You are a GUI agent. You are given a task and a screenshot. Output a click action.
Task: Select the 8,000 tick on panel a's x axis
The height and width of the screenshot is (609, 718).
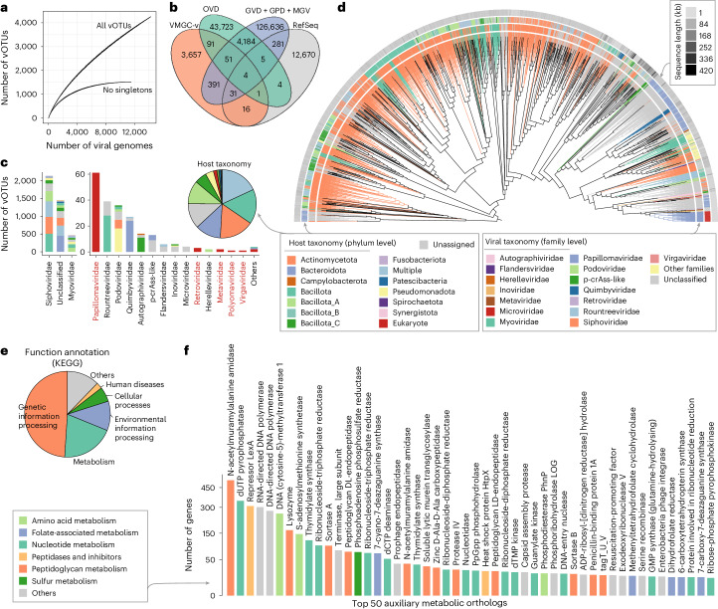pos(104,130)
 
